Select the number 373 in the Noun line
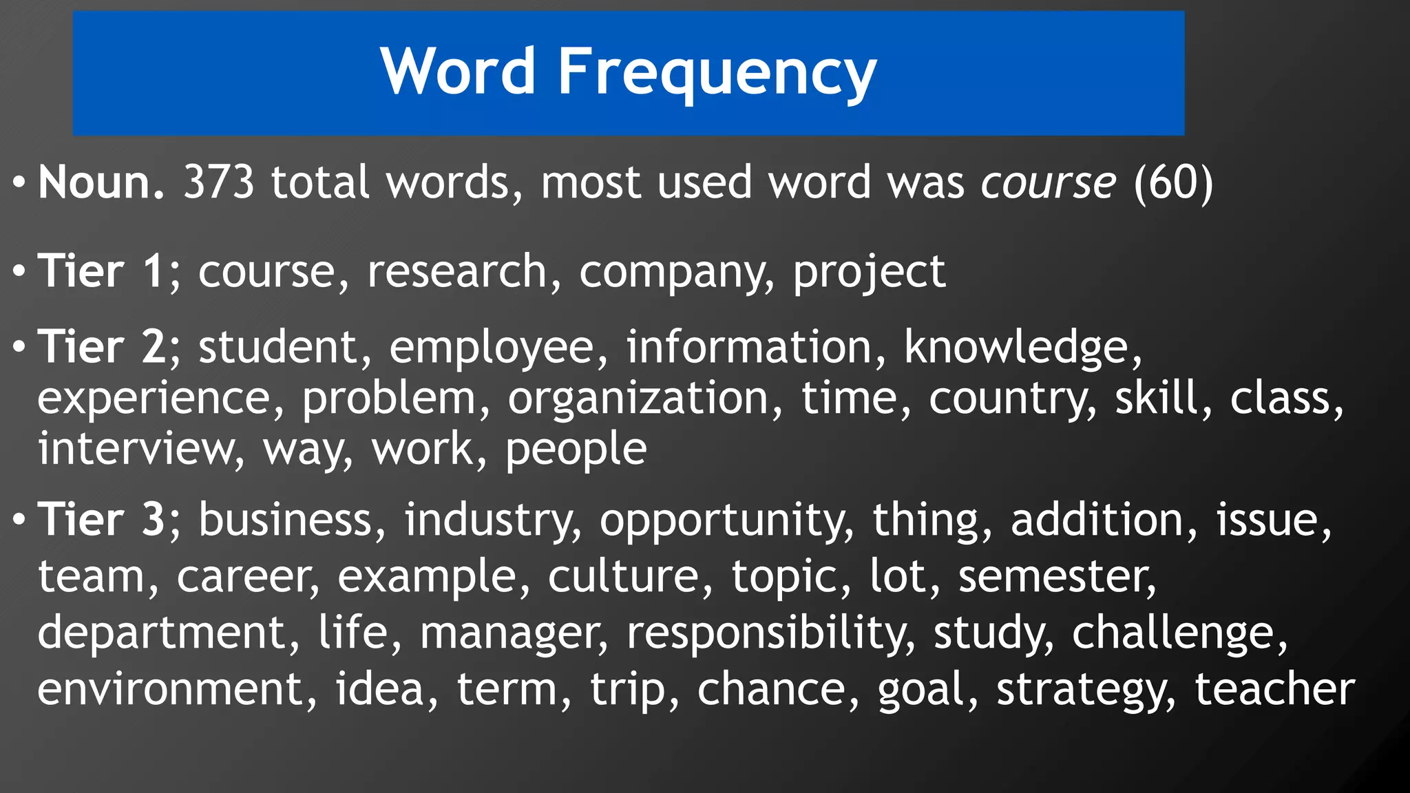(x=218, y=183)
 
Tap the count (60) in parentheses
(x=1172, y=183)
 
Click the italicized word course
(x=1047, y=183)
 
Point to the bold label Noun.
(x=101, y=183)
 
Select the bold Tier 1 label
(x=101, y=271)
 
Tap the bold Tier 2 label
(x=101, y=346)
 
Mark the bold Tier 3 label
(x=101, y=519)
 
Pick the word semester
(x=1056, y=577)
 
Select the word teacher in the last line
(x=1274, y=689)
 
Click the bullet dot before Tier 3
(x=19, y=520)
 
